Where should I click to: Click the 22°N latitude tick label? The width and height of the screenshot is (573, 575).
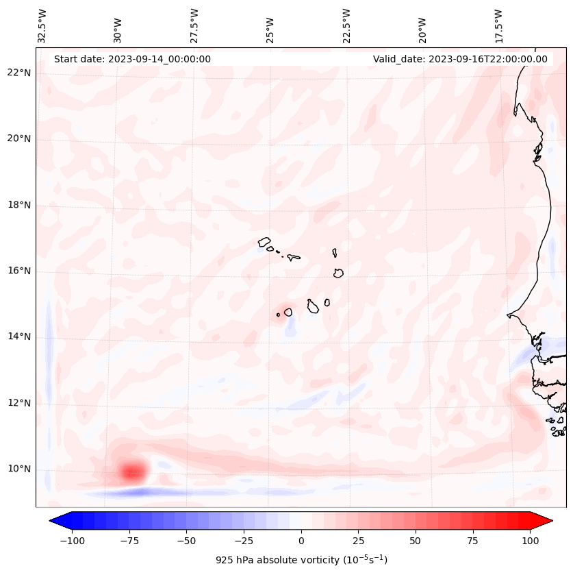[19, 73]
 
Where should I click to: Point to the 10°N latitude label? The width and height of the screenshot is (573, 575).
[19, 469]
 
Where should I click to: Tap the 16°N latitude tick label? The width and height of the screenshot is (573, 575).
[19, 271]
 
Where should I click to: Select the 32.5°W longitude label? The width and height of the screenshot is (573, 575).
[42, 25]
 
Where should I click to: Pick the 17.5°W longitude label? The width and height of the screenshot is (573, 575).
[498, 25]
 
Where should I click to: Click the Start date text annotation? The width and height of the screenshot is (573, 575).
[132, 59]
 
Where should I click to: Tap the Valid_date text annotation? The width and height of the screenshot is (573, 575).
[460, 59]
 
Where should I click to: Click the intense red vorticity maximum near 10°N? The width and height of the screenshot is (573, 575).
[133, 472]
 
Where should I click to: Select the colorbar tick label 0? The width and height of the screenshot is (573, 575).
[301, 541]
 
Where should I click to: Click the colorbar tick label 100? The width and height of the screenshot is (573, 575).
[529, 541]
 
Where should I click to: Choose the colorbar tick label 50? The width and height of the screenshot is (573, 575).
[415, 541]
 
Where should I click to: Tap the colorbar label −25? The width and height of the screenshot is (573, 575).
[244, 541]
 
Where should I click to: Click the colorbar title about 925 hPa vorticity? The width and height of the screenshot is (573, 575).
[301, 560]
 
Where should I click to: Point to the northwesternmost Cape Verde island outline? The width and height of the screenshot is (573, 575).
[264, 241]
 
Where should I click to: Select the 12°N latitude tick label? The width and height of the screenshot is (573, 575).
[19, 403]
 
